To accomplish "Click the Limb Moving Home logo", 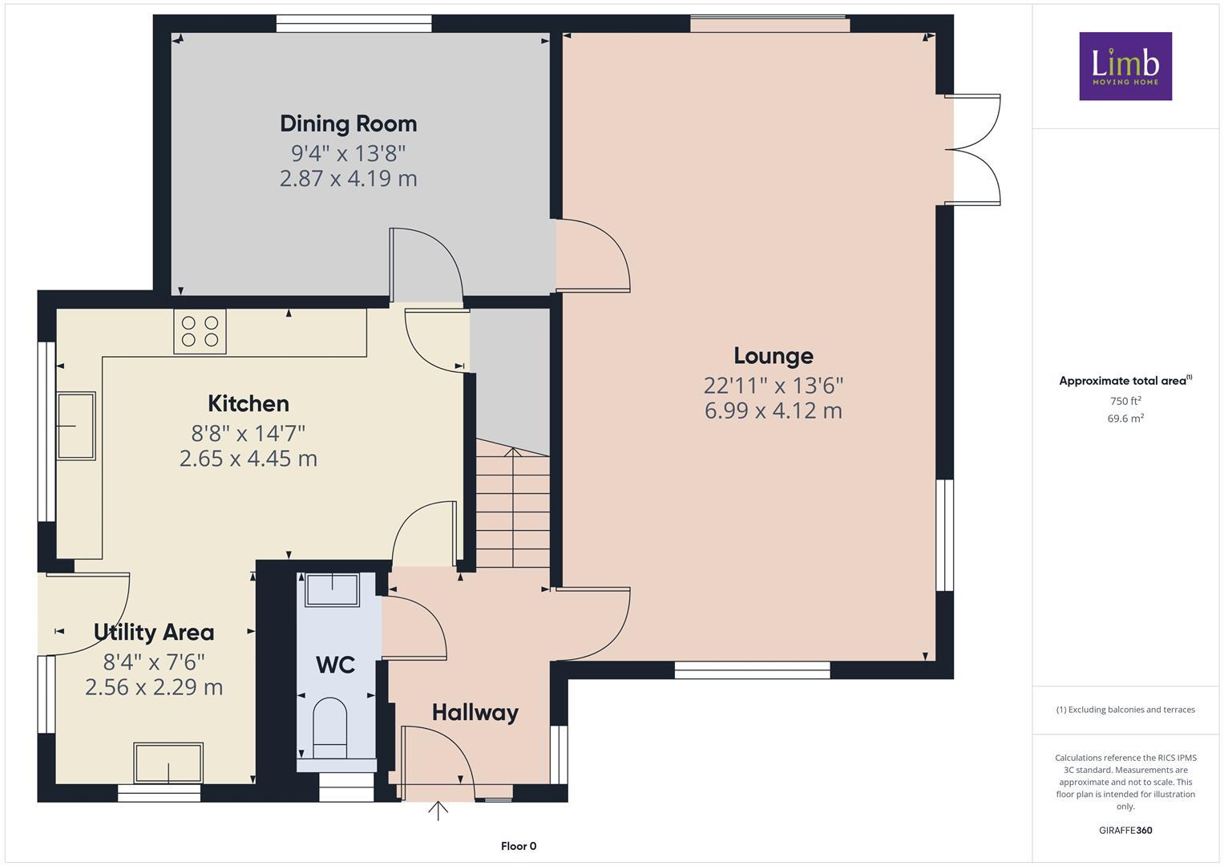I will [1125, 66].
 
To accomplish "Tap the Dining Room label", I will [348, 123].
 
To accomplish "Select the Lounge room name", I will [773, 355].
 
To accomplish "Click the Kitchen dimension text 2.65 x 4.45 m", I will [248, 459].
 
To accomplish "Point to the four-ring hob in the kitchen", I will [200, 331].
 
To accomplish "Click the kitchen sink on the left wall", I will [76, 425].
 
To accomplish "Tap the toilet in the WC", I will [329, 726].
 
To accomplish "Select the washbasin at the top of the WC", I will [333, 589].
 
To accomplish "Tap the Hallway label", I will [475, 712].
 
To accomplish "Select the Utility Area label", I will [154, 632].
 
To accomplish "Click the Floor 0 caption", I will [518, 846].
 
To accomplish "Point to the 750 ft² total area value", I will [1125, 401].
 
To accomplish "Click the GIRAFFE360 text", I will [1125, 830].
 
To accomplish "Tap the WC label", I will [335, 665].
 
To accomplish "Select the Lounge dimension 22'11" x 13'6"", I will [773, 386].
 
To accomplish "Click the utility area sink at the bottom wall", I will [168, 763].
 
